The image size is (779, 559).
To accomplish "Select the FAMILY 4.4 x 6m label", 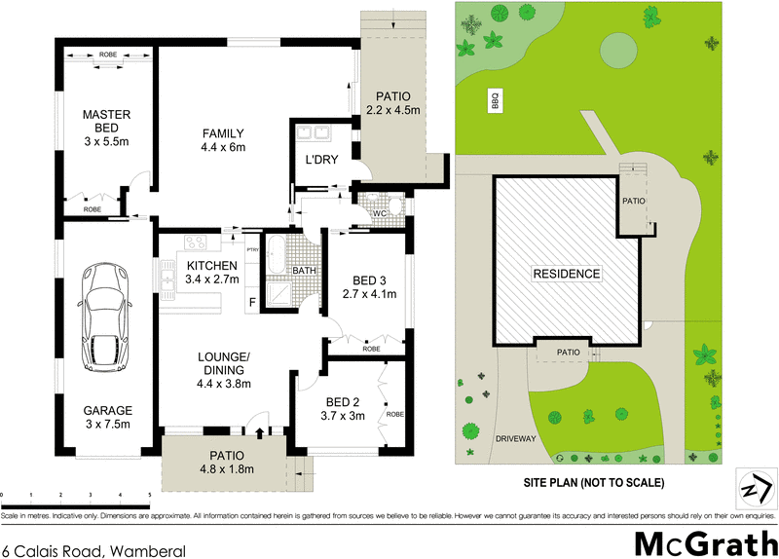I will (x=223, y=140).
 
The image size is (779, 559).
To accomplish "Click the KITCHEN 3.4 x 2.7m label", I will (x=211, y=272).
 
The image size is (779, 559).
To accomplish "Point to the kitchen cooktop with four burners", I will (x=193, y=243).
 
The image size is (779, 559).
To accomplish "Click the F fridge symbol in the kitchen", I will (x=252, y=302).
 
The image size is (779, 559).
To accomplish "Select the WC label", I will (x=381, y=213).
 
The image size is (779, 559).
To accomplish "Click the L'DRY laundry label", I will (x=321, y=160).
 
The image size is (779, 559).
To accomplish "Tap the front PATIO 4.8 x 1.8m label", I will (x=225, y=462).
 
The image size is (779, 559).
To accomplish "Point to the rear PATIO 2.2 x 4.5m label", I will (x=393, y=103).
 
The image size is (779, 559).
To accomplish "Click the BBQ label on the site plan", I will (x=495, y=100).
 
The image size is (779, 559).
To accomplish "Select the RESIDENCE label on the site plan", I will (x=566, y=274).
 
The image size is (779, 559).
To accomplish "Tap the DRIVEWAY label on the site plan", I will (x=515, y=439).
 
